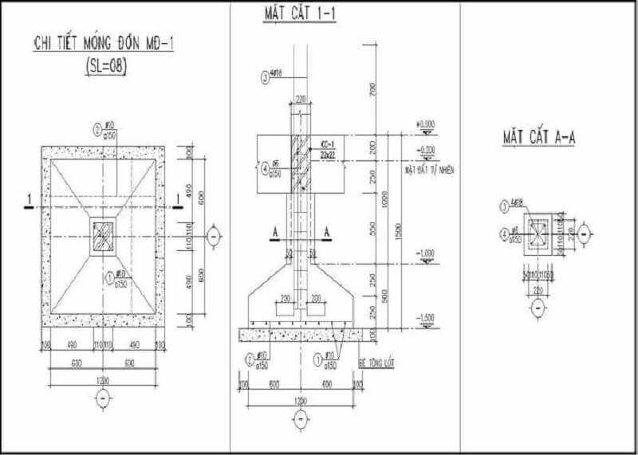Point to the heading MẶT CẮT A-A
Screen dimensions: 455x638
tap(539, 137)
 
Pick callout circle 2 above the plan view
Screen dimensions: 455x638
tap(97, 128)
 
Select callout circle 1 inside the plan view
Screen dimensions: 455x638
tap(110, 277)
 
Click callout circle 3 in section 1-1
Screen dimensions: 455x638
tap(265, 77)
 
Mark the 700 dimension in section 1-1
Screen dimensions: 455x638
tap(372, 90)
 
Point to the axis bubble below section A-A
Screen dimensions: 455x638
tap(538, 307)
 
